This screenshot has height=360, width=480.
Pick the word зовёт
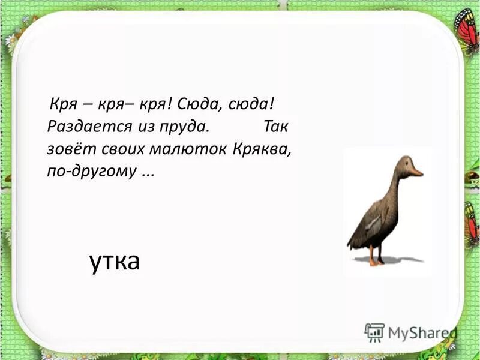[65, 148]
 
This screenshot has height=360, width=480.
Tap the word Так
[277, 127]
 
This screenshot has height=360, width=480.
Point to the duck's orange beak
[415, 172]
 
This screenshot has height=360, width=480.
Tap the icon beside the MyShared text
[374, 332]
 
